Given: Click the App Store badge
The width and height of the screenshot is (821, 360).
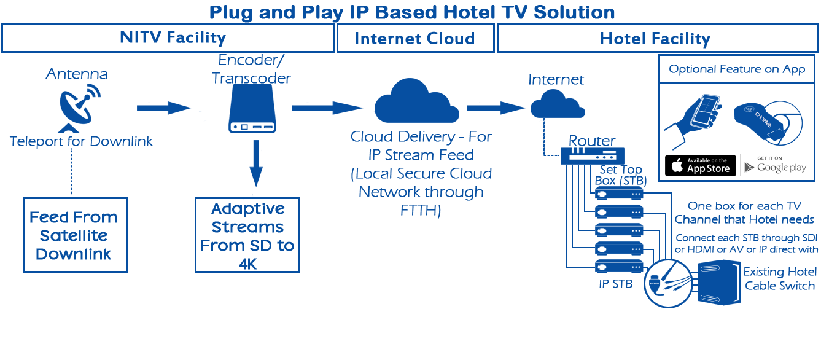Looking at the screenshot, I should click(700, 165).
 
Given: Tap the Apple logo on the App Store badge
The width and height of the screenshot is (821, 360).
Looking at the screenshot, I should click(677, 165).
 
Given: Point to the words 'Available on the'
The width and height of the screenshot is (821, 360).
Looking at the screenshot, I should click(709, 160).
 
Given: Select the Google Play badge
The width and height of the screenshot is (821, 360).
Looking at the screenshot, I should click(774, 165).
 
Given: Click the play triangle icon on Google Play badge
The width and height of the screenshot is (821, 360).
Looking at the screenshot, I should click(749, 166).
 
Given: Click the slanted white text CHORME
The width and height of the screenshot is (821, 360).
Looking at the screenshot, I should click(763, 118).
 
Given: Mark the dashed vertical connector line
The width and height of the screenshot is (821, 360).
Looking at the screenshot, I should click(72, 173).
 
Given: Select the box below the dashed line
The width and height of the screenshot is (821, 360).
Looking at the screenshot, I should click(76, 234).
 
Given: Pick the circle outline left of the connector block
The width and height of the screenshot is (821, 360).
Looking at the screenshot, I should click(668, 284).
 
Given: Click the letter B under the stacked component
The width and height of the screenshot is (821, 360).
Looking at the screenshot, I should click(629, 284).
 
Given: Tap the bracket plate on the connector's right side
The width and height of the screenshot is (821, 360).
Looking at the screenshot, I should click(732, 282).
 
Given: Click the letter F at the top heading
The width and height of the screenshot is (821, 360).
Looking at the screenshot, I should click(215, 13).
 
